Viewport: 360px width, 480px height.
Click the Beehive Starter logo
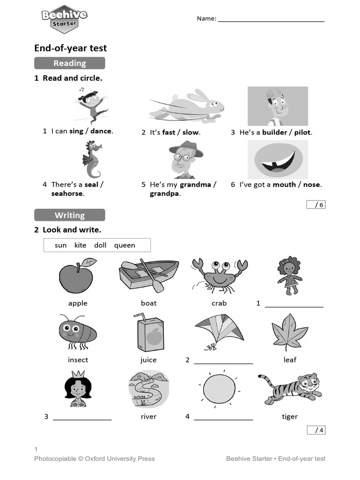[64, 19]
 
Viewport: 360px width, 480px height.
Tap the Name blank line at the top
[271, 20]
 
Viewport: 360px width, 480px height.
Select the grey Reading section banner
[69, 63]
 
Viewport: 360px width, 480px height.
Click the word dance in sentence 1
[101, 131]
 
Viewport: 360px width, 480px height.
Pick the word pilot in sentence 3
[302, 132]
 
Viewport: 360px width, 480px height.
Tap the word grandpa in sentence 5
[165, 194]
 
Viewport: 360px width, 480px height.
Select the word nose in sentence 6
[312, 184]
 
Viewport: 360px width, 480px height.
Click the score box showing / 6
[316, 204]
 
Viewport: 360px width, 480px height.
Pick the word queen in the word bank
[124, 245]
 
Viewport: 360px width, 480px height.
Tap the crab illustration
[219, 275]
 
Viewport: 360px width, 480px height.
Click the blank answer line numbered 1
[294, 305]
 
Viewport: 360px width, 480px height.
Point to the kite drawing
[219, 331]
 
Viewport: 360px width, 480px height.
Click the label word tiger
[290, 417]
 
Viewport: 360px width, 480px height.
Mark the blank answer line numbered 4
[224, 418]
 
